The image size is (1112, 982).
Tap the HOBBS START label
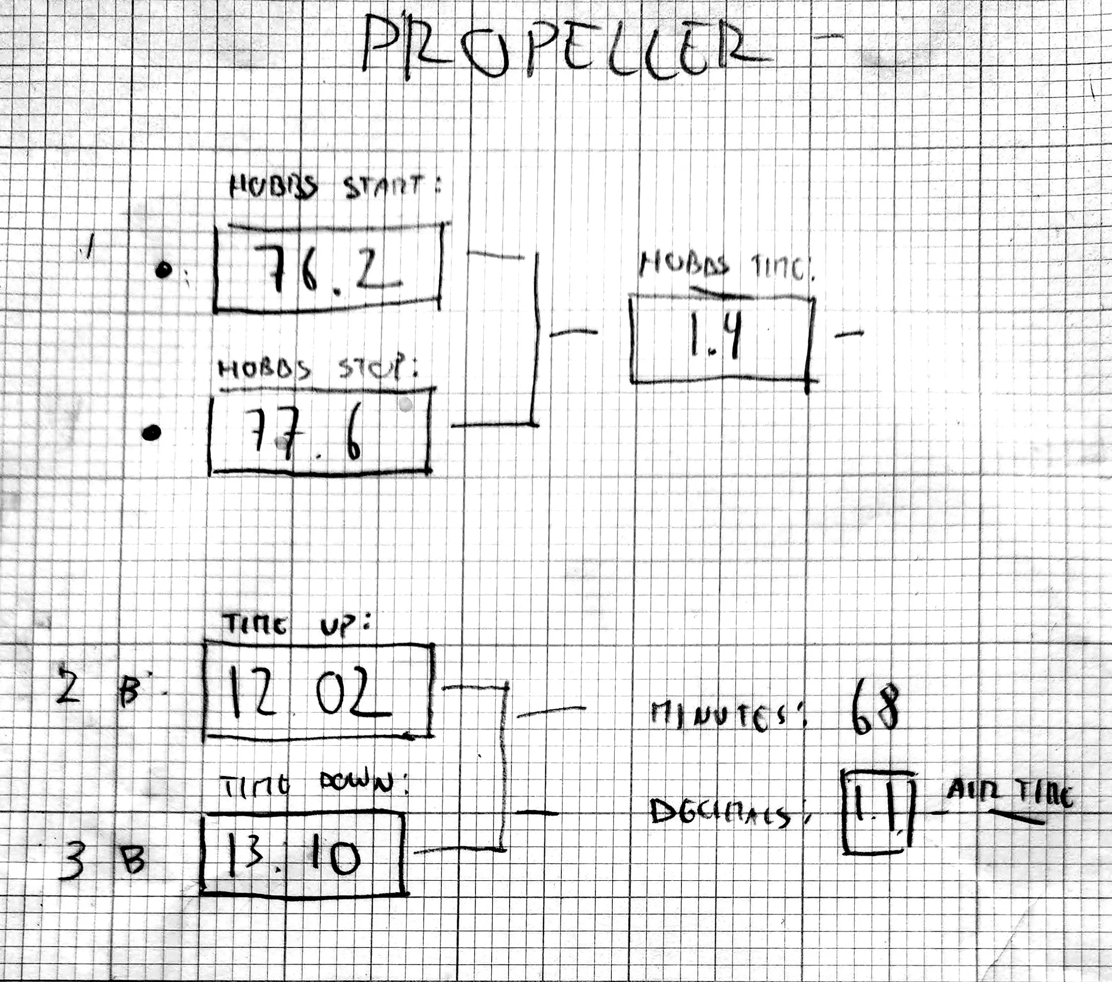pos(333,187)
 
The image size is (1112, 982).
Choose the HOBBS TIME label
pos(726,267)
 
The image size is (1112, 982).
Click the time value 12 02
pos(305,693)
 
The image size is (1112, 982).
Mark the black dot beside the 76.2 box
pos(163,270)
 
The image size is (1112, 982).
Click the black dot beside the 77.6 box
pos(151,433)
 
